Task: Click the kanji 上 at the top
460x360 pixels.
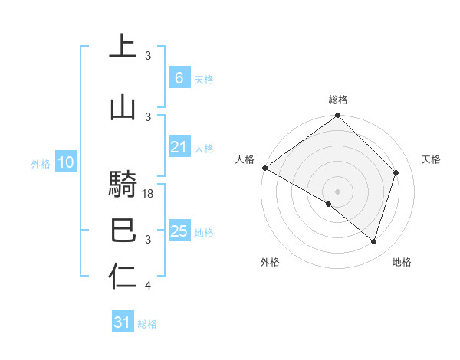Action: [122, 45]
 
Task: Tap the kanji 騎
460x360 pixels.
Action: [122, 185]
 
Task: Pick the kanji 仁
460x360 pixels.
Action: [122, 277]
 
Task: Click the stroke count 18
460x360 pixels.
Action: [149, 194]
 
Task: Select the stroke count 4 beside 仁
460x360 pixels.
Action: [149, 286]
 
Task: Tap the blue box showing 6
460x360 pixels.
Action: [179, 78]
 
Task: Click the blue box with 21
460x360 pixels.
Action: [179, 148]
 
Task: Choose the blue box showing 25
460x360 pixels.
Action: [179, 231]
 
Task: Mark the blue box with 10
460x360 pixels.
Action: [65, 162]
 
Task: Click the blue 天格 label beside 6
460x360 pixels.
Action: [204, 80]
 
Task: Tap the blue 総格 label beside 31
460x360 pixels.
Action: [147, 324]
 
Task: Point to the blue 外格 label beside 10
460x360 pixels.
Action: [41, 163]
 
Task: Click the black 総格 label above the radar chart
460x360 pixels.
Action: [338, 100]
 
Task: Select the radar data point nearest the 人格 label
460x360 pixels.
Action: [264, 168]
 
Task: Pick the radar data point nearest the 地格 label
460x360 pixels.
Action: [374, 242]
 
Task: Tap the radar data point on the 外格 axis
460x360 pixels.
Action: [329, 205]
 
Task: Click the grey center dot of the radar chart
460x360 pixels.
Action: [338, 191]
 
